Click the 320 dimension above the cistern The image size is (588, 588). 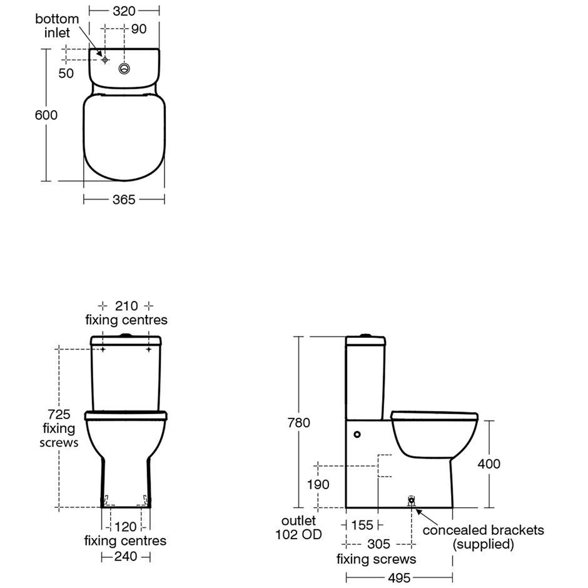(x=124, y=11)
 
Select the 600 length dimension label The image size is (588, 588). (x=46, y=115)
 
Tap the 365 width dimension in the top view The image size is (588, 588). (x=124, y=200)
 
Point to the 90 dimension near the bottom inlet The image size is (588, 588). (x=139, y=29)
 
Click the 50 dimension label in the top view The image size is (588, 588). (x=66, y=74)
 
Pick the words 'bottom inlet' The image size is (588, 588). (x=57, y=26)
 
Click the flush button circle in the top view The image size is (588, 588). (x=124, y=69)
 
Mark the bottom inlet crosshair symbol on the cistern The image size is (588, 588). (x=105, y=59)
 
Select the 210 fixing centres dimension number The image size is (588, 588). (x=126, y=306)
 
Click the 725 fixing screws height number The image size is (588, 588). (x=59, y=414)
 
